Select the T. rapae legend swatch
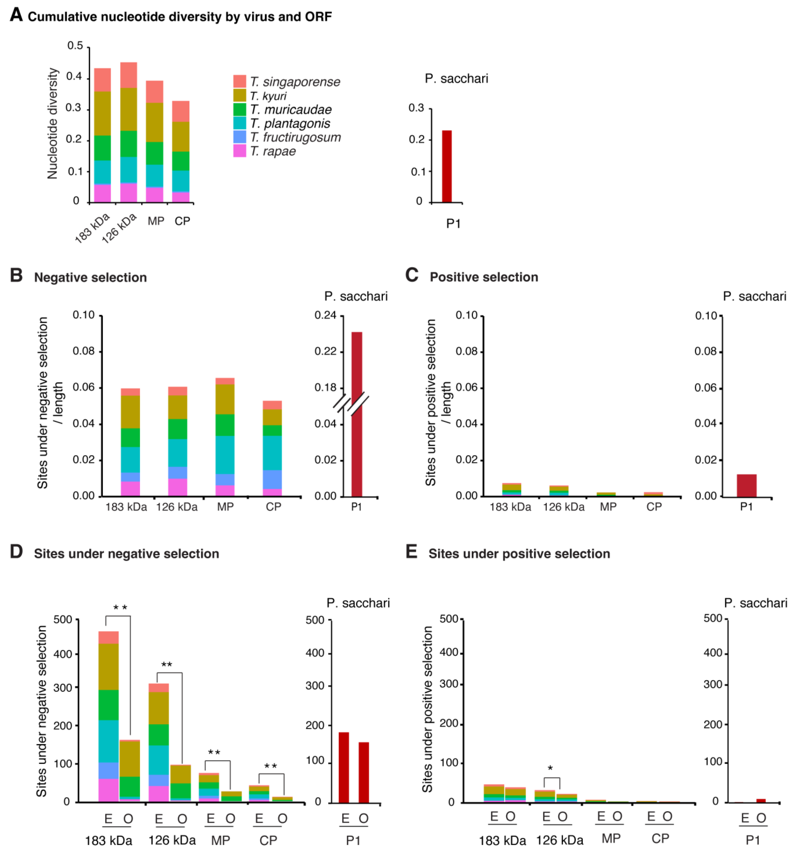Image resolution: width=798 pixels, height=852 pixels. pyautogui.click(x=239, y=151)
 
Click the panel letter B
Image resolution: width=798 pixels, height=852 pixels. pyautogui.click(x=16, y=275)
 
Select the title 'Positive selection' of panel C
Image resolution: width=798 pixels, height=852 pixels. pyautogui.click(x=484, y=277)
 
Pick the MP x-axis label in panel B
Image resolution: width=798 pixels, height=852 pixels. pyautogui.click(x=225, y=507)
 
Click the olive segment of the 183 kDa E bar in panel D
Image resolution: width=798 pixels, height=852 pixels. pyautogui.click(x=108, y=666)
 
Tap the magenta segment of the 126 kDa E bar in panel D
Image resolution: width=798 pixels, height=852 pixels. pyautogui.click(x=159, y=793)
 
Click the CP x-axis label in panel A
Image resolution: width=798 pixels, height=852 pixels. pyautogui.click(x=182, y=221)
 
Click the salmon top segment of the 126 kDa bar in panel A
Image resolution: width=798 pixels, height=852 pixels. pyautogui.click(x=129, y=75)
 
